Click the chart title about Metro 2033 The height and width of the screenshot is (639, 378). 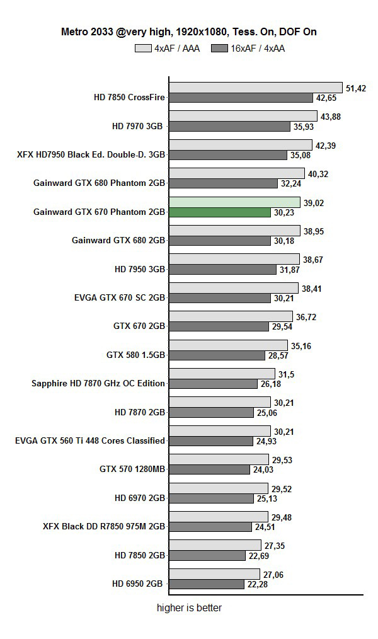(x=188, y=31)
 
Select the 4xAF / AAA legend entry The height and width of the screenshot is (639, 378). (x=167, y=48)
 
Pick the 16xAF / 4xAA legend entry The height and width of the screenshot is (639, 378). (x=248, y=48)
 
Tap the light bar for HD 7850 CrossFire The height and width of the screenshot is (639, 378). (x=255, y=88)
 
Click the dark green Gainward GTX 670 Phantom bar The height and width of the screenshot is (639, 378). (x=219, y=212)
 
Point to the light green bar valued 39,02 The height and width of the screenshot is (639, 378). (x=234, y=202)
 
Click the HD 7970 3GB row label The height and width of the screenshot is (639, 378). (x=138, y=126)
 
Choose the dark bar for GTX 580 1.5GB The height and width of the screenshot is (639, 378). (x=217, y=355)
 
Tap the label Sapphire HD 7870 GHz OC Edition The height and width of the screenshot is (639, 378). (x=98, y=383)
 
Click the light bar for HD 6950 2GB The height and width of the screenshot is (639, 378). (x=214, y=574)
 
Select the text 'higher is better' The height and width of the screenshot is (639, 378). (x=189, y=608)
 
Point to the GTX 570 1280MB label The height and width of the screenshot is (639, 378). (x=132, y=469)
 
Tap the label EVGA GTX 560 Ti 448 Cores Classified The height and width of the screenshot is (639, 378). (x=90, y=440)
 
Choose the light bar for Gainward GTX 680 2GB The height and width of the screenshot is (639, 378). (x=234, y=231)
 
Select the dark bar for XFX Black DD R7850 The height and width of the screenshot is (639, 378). (x=216, y=527)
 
